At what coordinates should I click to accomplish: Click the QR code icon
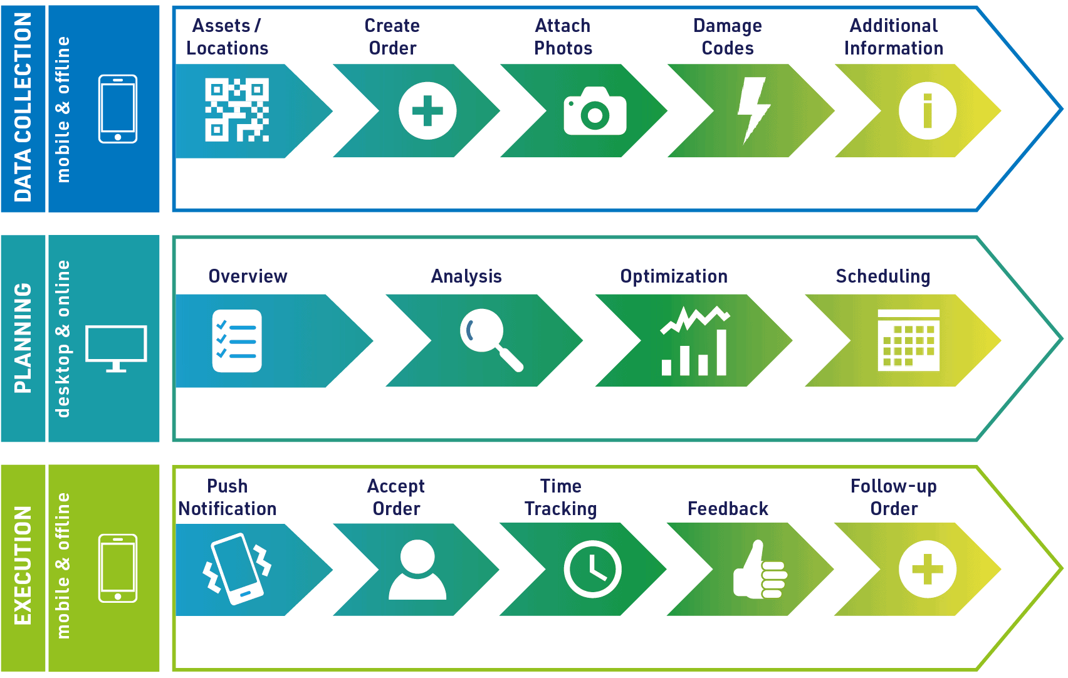tap(237, 110)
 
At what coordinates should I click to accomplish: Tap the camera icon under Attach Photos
tap(595, 111)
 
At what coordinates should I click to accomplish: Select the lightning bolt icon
tap(753, 111)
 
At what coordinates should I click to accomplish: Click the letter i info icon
tap(928, 111)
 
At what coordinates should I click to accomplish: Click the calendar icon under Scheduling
tap(909, 340)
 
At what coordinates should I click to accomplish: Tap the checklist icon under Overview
tap(237, 340)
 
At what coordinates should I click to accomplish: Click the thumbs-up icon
tap(760, 570)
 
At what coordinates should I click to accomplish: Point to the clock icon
tap(592, 569)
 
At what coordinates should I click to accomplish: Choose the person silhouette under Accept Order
tap(417, 570)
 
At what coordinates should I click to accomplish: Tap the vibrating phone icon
tap(237, 569)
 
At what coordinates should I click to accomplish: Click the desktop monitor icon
tap(116, 348)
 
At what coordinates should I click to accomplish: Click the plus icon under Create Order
tap(427, 111)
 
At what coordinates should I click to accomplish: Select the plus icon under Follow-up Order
tap(928, 569)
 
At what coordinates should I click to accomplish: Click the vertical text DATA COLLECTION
tap(23, 107)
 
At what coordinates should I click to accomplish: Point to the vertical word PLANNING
tap(23, 338)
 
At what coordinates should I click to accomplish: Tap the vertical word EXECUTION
tap(23, 565)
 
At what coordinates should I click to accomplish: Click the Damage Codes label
tap(728, 37)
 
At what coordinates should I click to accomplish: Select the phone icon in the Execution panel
tap(118, 568)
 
